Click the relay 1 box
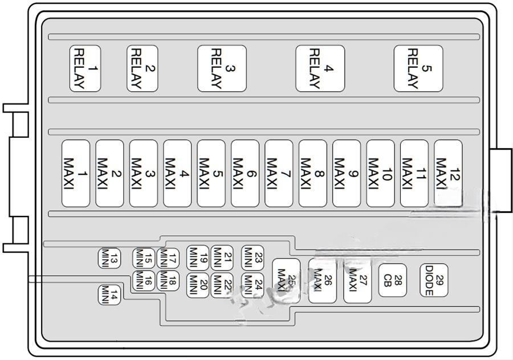pyautogui.click(x=85, y=68)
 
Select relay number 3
pyautogui.click(x=222, y=68)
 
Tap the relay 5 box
pyautogui.click(x=418, y=68)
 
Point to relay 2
pyautogui.click(x=142, y=68)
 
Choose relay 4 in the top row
pyautogui.click(x=320, y=68)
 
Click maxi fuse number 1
pyautogui.click(x=76, y=173)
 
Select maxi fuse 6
pyautogui.click(x=245, y=173)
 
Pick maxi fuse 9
pyautogui.click(x=347, y=173)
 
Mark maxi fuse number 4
pyautogui.click(x=177, y=173)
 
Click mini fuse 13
pyautogui.click(x=108, y=258)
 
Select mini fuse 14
pyautogui.click(x=109, y=294)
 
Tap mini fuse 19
pyautogui.click(x=198, y=257)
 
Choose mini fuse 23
pyautogui.click(x=252, y=257)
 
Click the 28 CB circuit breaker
pyautogui.click(x=392, y=280)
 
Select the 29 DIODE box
pyautogui.click(x=434, y=280)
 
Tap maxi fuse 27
pyautogui.click(x=357, y=280)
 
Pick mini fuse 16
pyautogui.click(x=143, y=280)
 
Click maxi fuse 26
pyautogui.click(x=322, y=280)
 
